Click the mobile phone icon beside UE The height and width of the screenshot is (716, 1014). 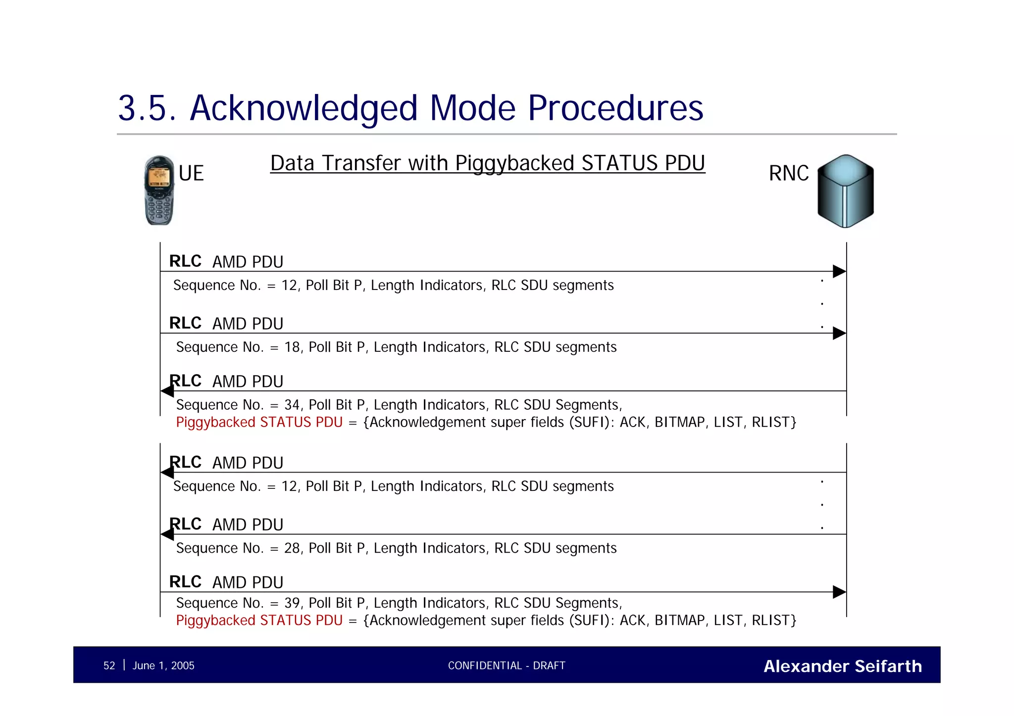coord(159,191)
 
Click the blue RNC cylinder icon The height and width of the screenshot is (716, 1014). coord(845,191)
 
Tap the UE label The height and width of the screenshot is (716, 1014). coord(191,174)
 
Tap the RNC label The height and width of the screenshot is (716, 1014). coord(789,174)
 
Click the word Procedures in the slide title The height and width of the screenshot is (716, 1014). coord(615,108)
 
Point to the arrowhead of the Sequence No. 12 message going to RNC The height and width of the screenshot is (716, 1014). coord(839,271)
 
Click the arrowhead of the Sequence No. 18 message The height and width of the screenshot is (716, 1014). coord(839,333)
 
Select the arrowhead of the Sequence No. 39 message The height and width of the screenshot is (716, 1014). coord(839,592)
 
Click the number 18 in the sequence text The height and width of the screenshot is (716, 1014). coord(292,347)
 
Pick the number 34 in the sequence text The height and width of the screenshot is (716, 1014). coord(292,405)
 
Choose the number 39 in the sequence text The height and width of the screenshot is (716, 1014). coord(292,603)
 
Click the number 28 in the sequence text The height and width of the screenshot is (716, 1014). coord(292,548)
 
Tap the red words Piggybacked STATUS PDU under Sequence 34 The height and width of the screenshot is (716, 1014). coord(259,423)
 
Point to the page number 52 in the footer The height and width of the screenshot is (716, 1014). coord(109,666)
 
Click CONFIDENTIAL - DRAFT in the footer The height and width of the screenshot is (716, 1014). coord(507,666)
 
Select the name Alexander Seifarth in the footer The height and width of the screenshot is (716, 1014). coord(842,667)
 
